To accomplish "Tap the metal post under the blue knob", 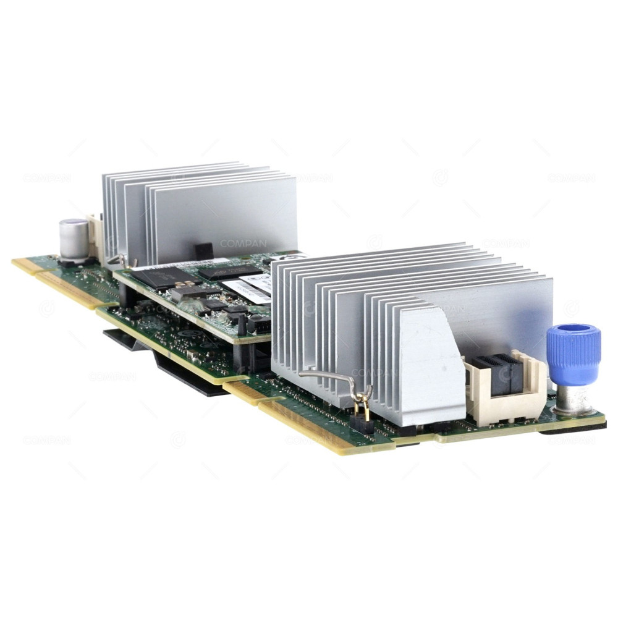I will point(573,399).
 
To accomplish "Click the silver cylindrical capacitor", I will point(74,238).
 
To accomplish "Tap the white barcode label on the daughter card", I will point(247,287).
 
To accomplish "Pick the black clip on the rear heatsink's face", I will point(203,251).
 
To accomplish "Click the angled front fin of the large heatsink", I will point(432,365).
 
